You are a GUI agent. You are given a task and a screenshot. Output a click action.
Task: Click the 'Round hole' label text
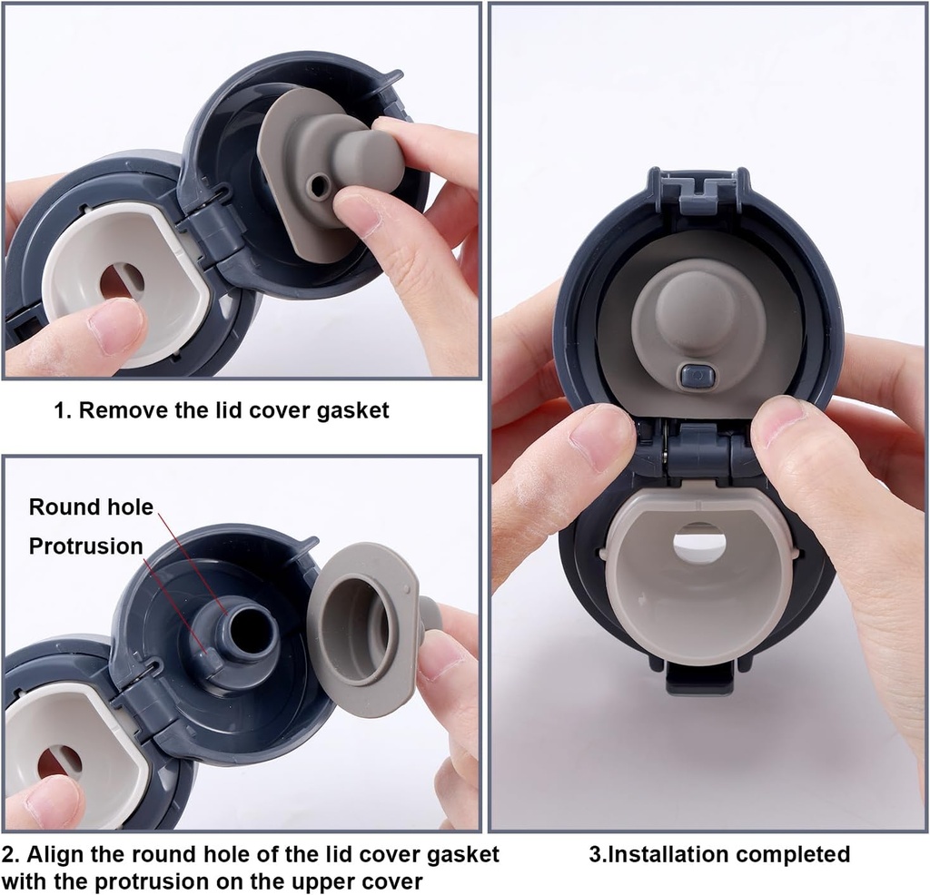91,507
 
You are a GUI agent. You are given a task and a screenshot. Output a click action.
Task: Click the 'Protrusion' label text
85,546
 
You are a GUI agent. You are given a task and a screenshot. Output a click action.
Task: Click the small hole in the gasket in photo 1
318,186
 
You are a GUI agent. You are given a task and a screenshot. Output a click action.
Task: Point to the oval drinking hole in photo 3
699,545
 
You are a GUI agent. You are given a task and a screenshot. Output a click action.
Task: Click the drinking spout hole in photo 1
121,280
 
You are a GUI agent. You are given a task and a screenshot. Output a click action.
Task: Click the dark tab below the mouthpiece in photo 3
699,678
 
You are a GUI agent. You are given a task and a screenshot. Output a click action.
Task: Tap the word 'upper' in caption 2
344,880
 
